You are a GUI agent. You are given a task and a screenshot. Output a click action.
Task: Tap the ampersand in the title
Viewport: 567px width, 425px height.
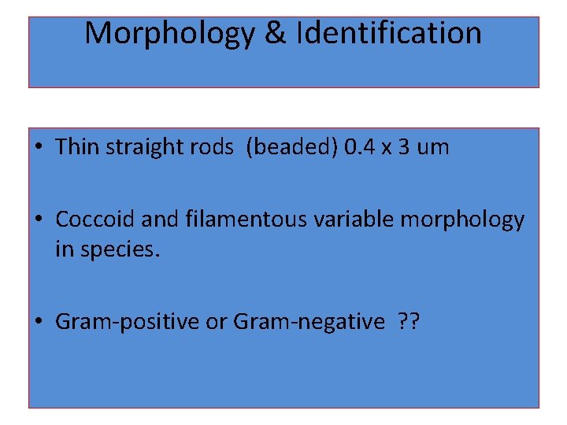[x=275, y=33]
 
